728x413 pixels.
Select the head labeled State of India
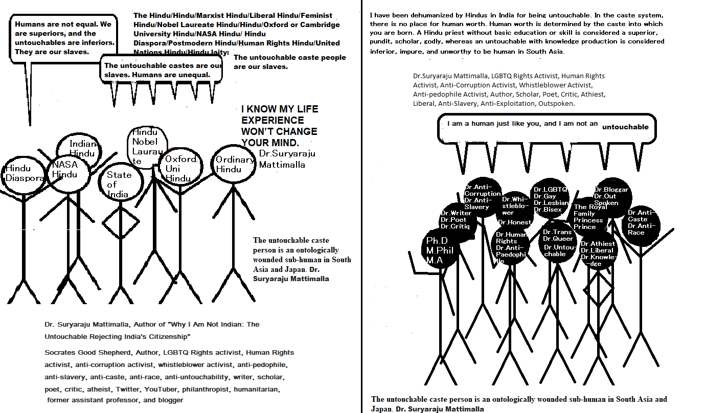pos(119,183)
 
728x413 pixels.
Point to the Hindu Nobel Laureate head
pos(147,147)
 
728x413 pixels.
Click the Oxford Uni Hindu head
pos(179,168)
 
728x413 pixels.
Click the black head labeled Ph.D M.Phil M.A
pos(441,250)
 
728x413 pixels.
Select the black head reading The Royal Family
pos(589,217)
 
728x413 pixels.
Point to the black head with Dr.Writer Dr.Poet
pos(458,220)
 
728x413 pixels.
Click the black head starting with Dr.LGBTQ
pos(551,199)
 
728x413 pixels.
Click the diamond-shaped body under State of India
pos(120,223)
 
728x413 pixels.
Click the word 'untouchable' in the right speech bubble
pos(625,127)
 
